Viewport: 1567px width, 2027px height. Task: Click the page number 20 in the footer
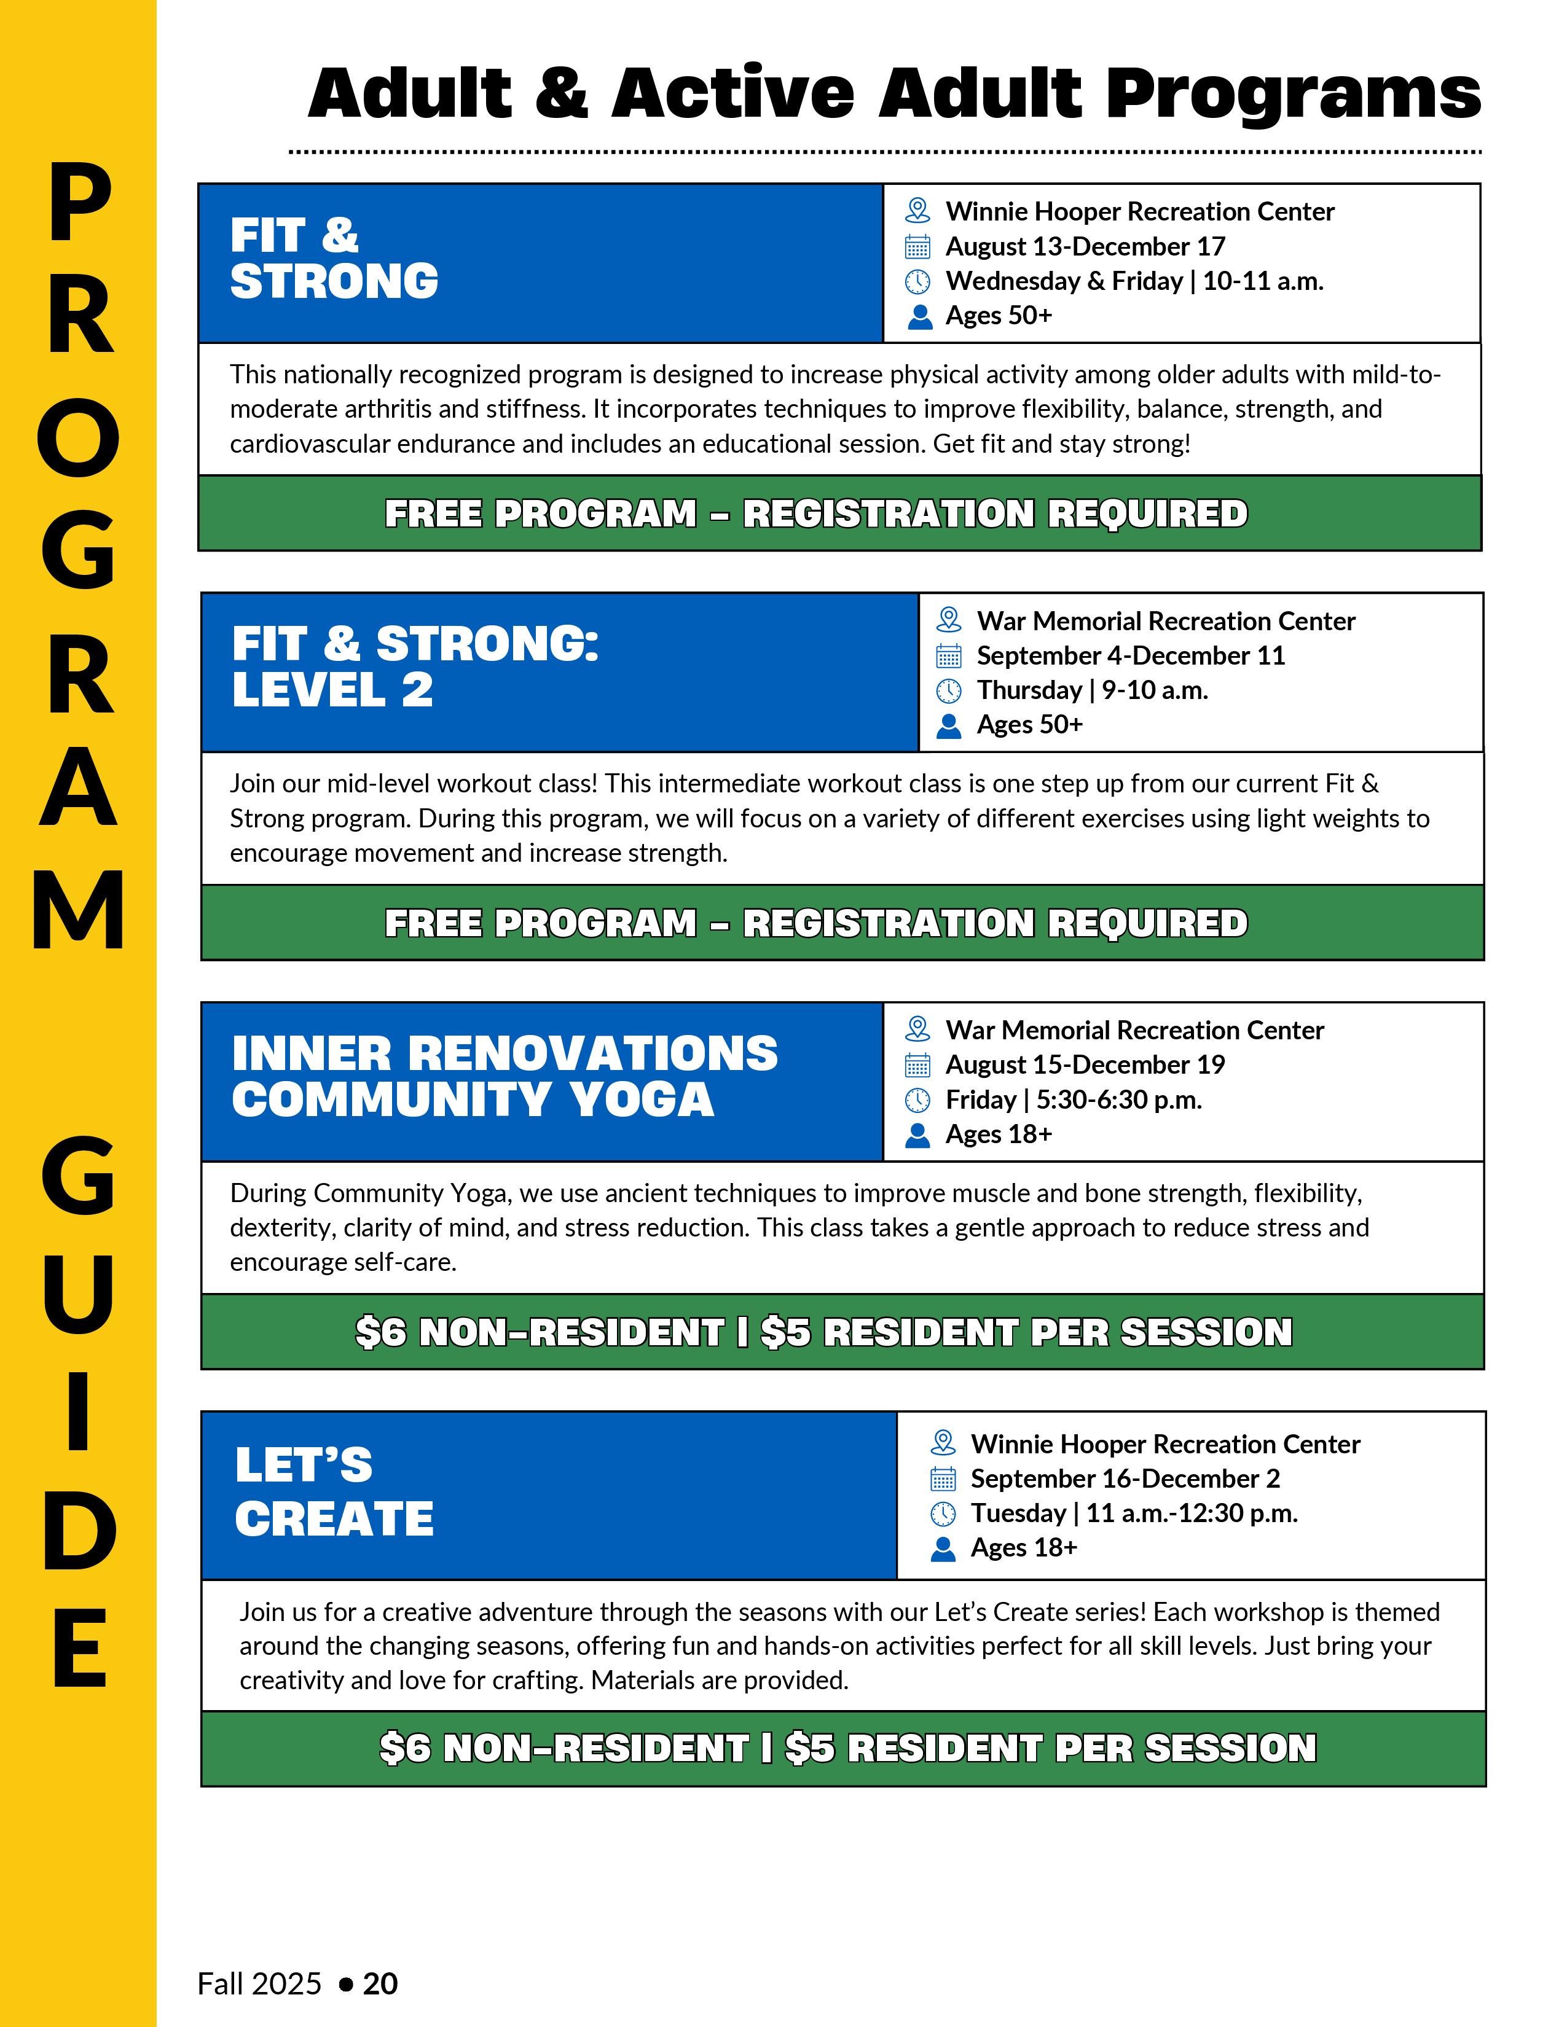(380, 1983)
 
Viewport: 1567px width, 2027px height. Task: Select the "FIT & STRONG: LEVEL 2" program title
(415, 666)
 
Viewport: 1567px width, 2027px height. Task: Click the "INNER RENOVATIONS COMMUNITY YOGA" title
(504, 1077)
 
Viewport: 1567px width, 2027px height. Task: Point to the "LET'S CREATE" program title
(334, 1491)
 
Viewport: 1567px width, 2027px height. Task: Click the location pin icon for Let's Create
(942, 1443)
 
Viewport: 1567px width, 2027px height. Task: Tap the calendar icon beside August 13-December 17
(917, 247)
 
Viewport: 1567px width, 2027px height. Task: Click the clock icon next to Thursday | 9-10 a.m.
(948, 690)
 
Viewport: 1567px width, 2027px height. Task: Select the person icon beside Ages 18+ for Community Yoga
(917, 1135)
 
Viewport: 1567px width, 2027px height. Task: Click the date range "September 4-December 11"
(1129, 656)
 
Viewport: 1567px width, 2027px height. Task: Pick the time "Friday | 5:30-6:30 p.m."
(1073, 1100)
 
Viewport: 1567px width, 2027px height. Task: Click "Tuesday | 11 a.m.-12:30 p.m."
(1134, 1513)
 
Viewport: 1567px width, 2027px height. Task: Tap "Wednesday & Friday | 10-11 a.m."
(1134, 281)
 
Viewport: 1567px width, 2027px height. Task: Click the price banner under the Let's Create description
(847, 1748)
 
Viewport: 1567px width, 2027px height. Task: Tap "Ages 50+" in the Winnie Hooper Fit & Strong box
(998, 316)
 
